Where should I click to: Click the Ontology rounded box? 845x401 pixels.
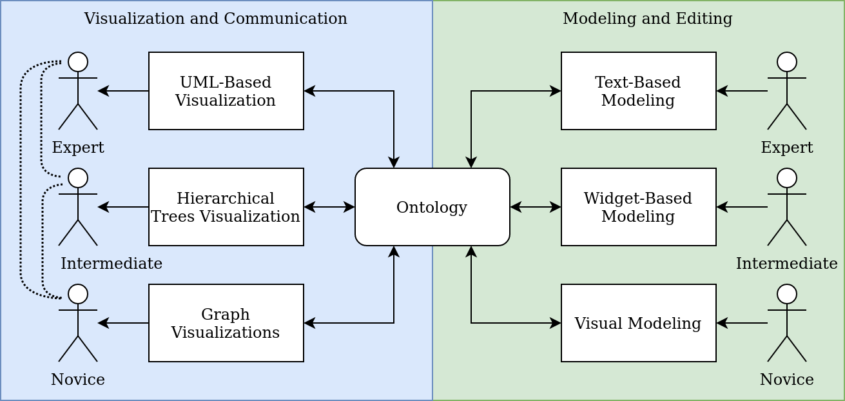pos(432,207)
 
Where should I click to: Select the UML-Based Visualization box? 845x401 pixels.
pos(226,91)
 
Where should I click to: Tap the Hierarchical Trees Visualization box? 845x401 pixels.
pos(226,207)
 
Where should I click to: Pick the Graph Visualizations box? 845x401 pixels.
pos(226,323)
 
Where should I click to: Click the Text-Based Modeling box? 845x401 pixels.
pos(638,91)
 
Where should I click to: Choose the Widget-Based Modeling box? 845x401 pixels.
pos(638,207)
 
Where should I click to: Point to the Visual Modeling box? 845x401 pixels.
pos(638,323)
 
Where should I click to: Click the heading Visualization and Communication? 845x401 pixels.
pos(215,19)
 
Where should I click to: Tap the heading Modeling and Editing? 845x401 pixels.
pos(647,19)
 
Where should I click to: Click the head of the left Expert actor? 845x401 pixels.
pos(78,62)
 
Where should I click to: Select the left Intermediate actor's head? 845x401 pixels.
pos(78,178)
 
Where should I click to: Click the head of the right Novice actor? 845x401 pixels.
pos(786,294)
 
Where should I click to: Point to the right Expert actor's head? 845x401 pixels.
pos(786,62)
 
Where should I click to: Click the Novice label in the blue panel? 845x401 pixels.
pos(78,380)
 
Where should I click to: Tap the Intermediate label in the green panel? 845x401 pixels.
pos(786,264)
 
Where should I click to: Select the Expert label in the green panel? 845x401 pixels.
pos(786,148)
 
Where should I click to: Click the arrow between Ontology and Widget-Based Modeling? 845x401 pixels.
pos(536,207)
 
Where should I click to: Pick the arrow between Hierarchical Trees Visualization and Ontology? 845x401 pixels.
pos(329,207)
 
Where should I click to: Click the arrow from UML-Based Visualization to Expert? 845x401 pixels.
pos(123,91)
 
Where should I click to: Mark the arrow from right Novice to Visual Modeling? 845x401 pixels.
pos(742,323)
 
